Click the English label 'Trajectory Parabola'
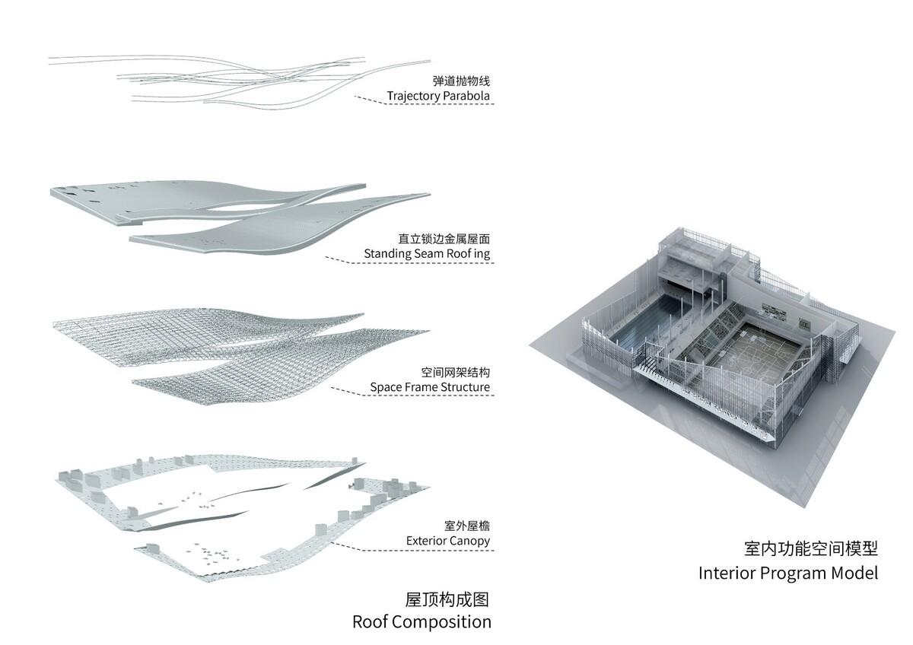point(438,96)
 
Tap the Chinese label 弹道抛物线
point(461,81)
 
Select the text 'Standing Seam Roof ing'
point(427,254)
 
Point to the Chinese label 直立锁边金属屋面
point(444,239)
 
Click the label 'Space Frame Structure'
point(430,387)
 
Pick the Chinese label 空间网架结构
point(455,372)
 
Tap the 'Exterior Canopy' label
point(448,541)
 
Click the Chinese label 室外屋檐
point(467,526)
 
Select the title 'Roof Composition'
point(422,622)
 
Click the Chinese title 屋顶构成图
point(447,599)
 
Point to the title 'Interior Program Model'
point(788,573)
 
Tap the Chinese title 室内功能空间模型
point(811,548)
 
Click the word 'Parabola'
point(466,96)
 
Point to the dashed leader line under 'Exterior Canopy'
point(412,549)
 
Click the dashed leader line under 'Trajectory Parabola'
point(425,102)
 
